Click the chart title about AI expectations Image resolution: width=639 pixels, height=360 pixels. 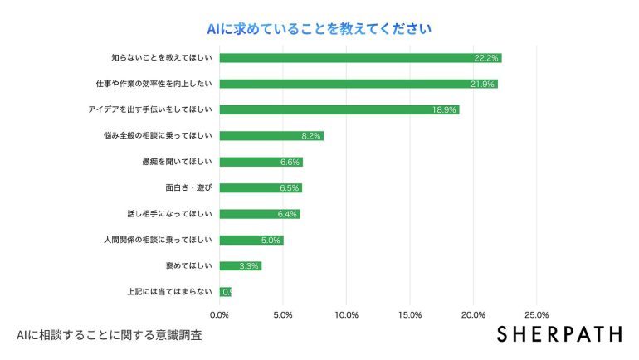[319, 29]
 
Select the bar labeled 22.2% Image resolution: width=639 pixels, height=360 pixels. [360, 58]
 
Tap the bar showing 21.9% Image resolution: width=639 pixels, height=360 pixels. [359, 84]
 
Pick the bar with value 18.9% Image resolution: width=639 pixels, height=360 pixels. [339, 109]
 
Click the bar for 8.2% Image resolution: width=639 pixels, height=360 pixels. [271, 136]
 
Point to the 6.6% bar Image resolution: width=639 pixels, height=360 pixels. [261, 162]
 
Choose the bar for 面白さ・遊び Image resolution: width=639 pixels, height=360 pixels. [261, 187]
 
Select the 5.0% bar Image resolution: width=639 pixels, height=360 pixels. [251, 240]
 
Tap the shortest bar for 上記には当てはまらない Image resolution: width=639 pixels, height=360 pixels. [225, 291]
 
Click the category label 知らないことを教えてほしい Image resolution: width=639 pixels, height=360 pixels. [162, 58]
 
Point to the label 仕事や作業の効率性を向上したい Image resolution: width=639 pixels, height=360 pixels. [155, 84]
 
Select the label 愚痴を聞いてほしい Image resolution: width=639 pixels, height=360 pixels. [178, 162]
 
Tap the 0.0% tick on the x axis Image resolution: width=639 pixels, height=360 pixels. [220, 315]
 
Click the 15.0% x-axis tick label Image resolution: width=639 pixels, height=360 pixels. [410, 315]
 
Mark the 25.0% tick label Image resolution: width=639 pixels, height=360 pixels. [536, 315]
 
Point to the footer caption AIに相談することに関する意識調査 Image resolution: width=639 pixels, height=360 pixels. [109, 336]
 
